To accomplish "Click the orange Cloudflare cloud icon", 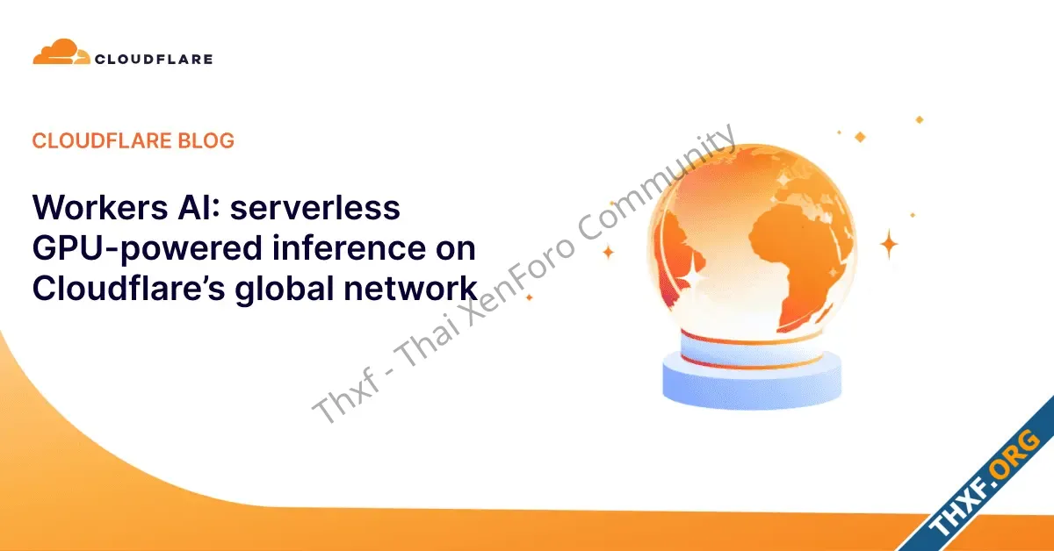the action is [x=61, y=51].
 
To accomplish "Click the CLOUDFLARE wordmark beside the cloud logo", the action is [x=154, y=60].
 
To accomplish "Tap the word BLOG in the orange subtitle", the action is [x=206, y=140].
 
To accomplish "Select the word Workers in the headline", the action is [x=100, y=207].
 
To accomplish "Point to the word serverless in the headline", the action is [x=314, y=207].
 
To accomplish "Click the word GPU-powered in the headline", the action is [x=147, y=248].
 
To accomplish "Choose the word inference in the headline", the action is [x=350, y=247].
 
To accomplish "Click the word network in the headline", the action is [x=411, y=288].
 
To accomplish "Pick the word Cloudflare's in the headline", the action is [x=128, y=288].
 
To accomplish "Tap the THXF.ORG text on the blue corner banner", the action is [x=985, y=483].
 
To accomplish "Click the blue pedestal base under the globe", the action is [x=752, y=383].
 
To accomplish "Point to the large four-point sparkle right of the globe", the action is [x=889, y=244].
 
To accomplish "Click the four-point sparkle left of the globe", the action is [x=609, y=252].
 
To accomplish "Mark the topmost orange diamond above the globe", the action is [x=919, y=120].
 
